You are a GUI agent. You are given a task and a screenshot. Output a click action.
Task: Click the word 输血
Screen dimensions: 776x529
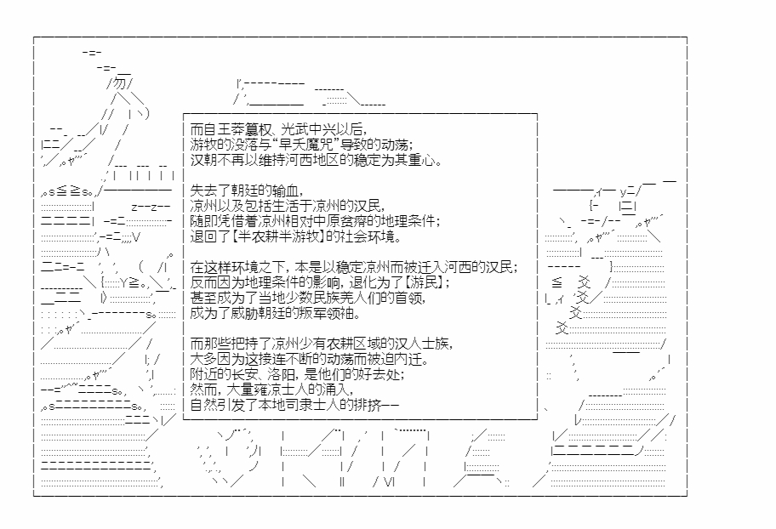[286, 191]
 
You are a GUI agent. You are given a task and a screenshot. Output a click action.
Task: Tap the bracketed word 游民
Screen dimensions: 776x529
[425, 282]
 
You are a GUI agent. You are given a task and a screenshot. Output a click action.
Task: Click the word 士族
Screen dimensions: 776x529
[436, 344]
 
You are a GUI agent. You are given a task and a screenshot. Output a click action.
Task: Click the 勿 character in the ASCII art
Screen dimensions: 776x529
[120, 82]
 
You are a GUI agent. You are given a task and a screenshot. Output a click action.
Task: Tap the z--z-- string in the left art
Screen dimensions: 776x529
[151, 207]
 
